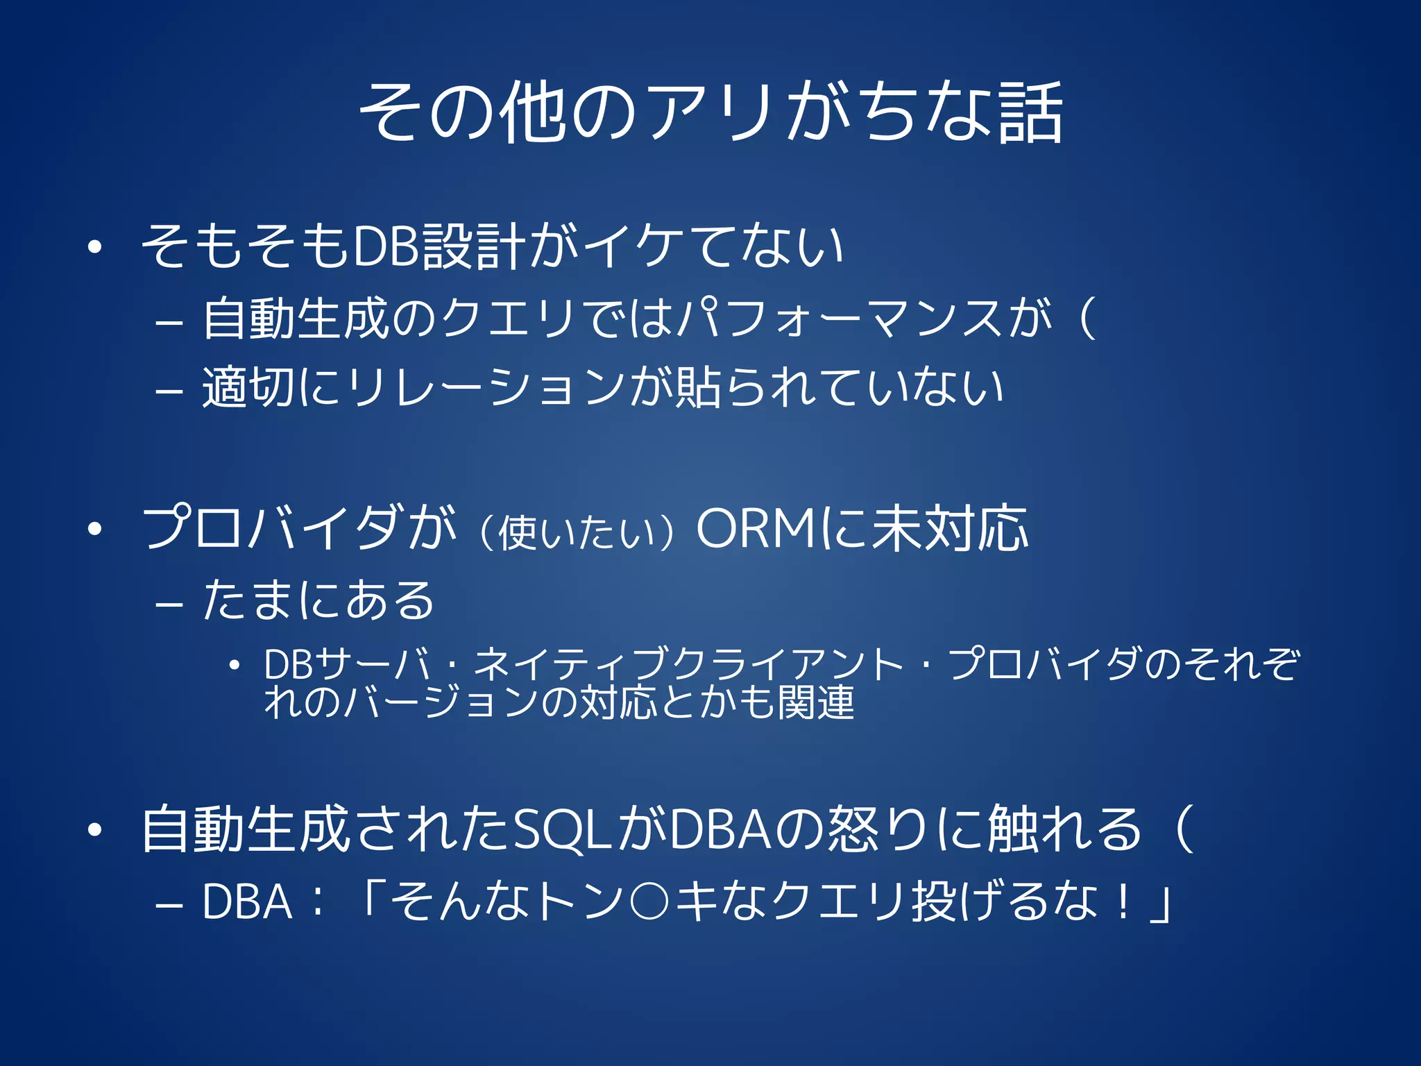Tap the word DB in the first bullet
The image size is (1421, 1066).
386,246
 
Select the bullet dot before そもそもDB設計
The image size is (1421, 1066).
95,247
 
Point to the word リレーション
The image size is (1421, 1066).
486,387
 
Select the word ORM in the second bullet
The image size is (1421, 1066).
756,529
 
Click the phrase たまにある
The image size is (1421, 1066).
318,600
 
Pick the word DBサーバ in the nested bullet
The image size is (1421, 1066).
348,664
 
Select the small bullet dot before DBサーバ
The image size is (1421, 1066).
235,666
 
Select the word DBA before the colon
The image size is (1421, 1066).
247,902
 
